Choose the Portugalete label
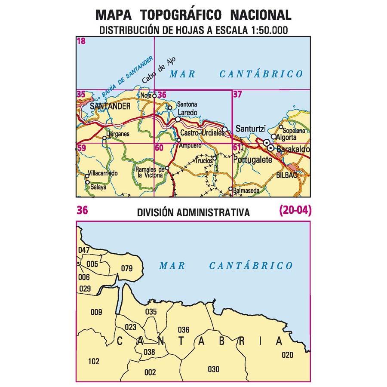253,160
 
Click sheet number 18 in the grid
81,42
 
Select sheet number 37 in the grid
237,95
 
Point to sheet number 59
81,148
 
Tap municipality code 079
127,269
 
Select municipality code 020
288,355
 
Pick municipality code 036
183,330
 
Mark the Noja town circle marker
154,96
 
